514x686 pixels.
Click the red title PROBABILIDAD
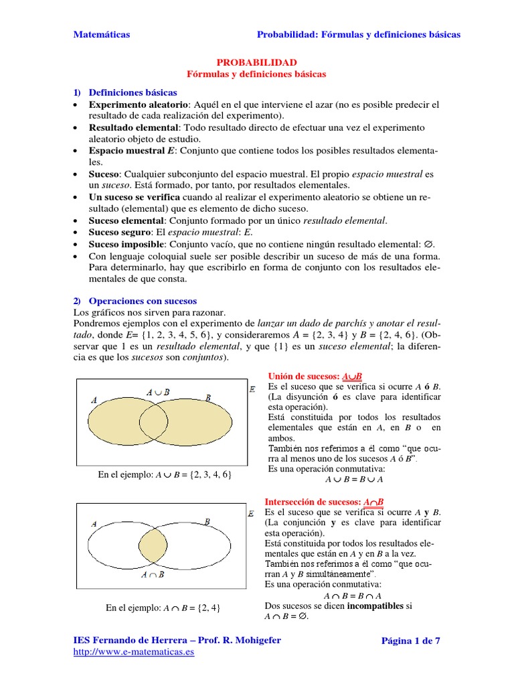tap(256, 62)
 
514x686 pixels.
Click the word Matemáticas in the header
tap(101, 35)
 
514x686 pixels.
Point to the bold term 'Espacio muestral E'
tap(127, 150)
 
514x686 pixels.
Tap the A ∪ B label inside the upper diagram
tap(158, 391)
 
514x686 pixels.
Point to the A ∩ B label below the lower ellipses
tap(153, 574)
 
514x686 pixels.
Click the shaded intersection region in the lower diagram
tap(155, 546)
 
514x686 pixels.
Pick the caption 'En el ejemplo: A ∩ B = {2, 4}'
tap(163, 608)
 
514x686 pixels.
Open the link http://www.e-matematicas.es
tap(133, 652)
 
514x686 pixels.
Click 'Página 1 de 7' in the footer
tap(410, 640)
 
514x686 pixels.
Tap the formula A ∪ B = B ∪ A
tap(353, 480)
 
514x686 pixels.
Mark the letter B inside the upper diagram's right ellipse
tap(208, 399)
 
